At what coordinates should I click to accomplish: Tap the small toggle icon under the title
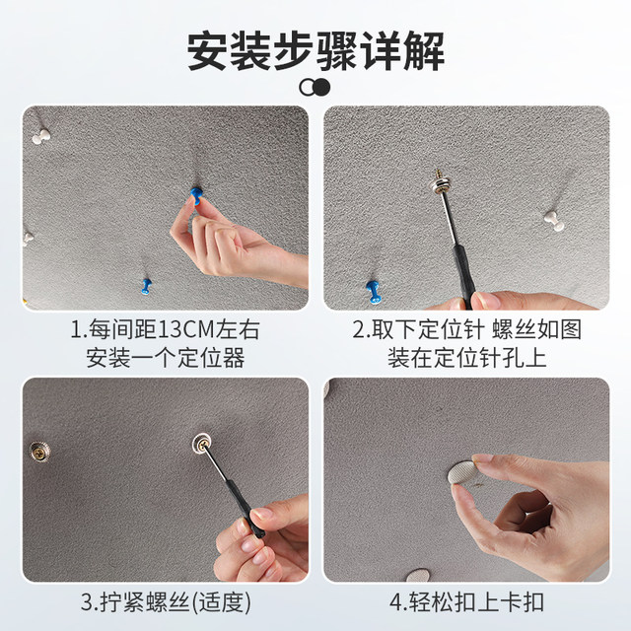(315, 88)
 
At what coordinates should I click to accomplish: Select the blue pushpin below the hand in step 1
(147, 287)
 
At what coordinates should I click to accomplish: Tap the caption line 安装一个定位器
(165, 355)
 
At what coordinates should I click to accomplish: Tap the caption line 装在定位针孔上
(466, 355)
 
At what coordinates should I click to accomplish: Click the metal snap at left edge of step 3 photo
(38, 450)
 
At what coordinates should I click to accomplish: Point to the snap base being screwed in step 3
(200, 445)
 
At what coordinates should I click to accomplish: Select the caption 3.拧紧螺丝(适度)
(165, 599)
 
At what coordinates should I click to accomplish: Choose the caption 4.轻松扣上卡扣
(466, 599)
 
